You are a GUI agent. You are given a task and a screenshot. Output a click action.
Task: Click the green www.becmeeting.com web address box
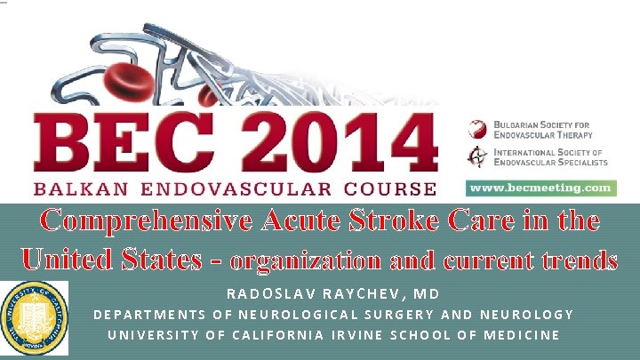click(x=540, y=188)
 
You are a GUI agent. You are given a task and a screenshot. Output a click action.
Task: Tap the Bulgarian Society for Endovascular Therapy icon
click(x=479, y=128)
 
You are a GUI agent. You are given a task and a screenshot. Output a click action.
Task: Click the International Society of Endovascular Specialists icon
click(x=479, y=157)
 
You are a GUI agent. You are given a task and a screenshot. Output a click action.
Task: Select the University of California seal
click(x=34, y=315)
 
